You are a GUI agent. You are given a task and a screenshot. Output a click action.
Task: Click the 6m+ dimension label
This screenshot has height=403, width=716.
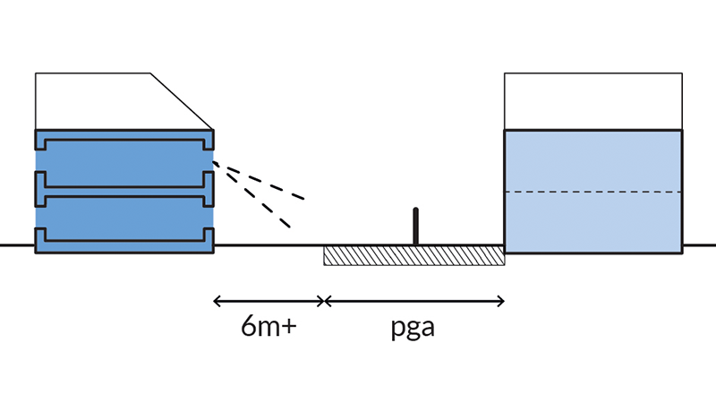coord(268,326)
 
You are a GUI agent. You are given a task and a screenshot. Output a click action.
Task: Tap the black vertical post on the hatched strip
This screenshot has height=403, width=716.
coord(415,226)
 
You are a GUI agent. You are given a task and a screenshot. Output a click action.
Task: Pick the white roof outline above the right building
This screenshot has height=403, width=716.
coord(593,101)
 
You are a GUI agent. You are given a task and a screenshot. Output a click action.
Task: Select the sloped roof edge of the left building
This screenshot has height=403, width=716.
coord(182,100)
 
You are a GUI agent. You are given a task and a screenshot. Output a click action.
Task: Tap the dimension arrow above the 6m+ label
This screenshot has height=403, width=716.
coord(268,300)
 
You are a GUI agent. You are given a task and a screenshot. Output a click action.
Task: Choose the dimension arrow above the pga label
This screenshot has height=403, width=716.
coord(414,300)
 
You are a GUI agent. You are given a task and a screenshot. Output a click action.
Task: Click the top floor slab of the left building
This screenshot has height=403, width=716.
coord(124,141)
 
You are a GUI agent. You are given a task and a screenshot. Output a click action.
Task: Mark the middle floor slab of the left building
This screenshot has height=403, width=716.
coord(124,189)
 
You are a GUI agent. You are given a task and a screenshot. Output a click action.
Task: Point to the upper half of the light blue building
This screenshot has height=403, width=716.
coord(593,161)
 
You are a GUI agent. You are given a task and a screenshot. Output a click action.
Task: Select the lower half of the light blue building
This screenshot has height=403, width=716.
coord(593,222)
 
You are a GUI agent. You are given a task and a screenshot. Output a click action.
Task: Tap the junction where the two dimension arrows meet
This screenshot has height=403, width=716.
coord(324,300)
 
